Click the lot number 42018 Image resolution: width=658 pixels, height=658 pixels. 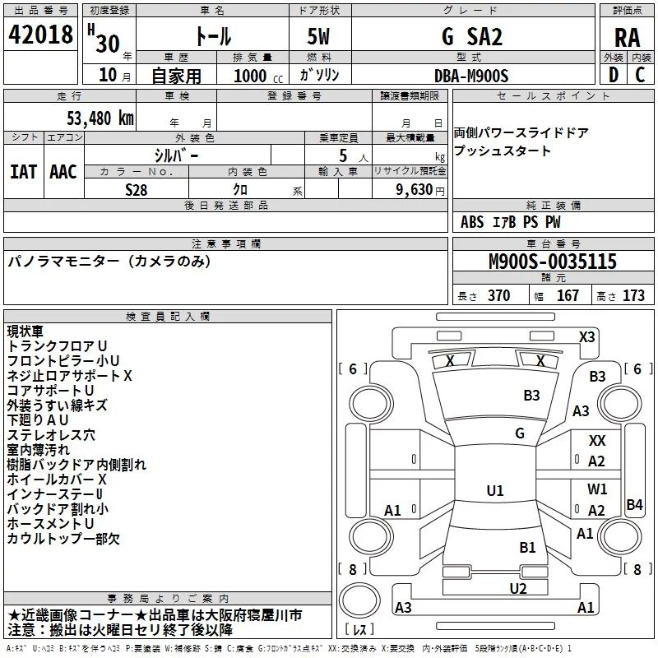[x=40, y=35]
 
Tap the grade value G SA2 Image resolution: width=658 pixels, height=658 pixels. [x=472, y=36]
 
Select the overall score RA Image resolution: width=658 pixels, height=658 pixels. [x=627, y=38]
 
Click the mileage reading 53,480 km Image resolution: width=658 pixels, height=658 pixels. [x=100, y=118]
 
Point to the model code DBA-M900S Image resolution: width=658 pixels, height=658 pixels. [x=471, y=76]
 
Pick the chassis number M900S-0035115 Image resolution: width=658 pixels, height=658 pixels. [x=553, y=261]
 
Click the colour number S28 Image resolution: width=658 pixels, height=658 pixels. [x=137, y=190]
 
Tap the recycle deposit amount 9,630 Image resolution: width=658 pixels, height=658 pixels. [x=415, y=190]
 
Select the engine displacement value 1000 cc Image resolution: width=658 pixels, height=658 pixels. [x=258, y=76]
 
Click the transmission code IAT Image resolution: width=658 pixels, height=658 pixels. [x=23, y=172]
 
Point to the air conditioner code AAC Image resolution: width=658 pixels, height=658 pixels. [x=63, y=172]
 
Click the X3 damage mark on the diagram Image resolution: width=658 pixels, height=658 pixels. [x=586, y=337]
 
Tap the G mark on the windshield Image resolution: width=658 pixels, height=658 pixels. [x=520, y=433]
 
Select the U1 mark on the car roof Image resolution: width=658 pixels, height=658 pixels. [x=495, y=490]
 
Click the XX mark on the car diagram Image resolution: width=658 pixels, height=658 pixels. [x=597, y=441]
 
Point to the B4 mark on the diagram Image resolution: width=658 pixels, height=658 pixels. [x=634, y=504]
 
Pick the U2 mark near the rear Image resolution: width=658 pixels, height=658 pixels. [x=518, y=588]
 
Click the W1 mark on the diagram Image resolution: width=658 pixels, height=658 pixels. [x=597, y=489]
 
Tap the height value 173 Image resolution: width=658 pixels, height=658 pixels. [x=633, y=295]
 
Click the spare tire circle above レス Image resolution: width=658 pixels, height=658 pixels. [x=359, y=600]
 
